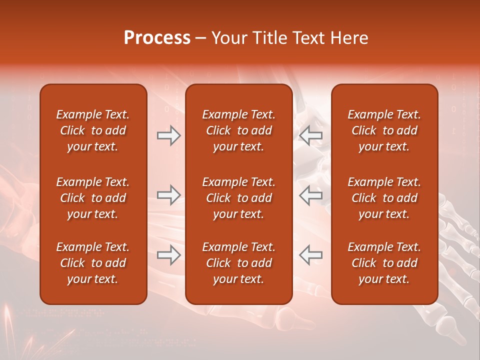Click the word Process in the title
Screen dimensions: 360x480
(157, 38)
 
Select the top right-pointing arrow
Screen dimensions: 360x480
(168, 135)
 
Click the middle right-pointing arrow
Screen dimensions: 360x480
(168, 195)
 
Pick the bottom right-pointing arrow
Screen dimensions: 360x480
(168, 254)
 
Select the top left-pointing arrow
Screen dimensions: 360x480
(310, 135)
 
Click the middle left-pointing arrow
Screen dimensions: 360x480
(310, 195)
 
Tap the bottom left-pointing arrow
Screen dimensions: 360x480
(310, 254)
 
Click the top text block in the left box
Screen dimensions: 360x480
(93, 130)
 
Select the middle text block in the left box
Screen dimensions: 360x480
(93, 198)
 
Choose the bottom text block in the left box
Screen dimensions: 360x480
(93, 263)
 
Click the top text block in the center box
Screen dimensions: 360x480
(238, 130)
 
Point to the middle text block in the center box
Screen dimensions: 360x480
(238, 198)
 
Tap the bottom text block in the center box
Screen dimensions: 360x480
(238, 263)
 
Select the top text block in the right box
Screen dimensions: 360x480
(384, 130)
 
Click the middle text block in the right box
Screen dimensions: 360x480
(384, 198)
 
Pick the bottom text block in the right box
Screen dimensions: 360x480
(384, 263)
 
